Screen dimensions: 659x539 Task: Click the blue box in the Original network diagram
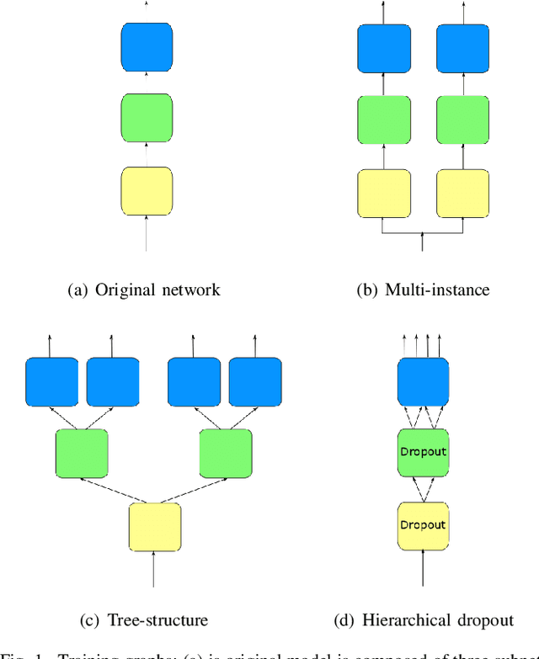[x=147, y=46]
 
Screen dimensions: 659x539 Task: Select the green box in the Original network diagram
[x=147, y=119]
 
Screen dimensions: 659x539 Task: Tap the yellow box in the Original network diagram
[x=147, y=191]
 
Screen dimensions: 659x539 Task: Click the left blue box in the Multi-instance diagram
[x=383, y=48]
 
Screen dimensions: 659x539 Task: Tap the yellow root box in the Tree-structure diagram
[x=155, y=528]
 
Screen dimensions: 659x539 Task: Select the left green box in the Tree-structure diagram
[x=82, y=454]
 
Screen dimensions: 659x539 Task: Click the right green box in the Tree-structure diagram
[x=226, y=454]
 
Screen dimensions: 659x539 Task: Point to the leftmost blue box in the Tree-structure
[x=51, y=381]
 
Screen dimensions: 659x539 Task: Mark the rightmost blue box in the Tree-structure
[x=256, y=381]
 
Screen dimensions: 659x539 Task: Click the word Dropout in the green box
[x=423, y=452]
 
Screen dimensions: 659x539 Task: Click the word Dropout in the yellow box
[x=423, y=525]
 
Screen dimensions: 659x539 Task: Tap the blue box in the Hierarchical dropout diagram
[x=423, y=381]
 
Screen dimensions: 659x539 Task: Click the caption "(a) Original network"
[x=144, y=290]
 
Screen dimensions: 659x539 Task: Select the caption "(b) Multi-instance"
[x=424, y=290]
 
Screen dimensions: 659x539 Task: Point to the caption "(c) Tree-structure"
[x=143, y=620]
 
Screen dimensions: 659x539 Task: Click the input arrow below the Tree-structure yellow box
[x=154, y=571]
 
